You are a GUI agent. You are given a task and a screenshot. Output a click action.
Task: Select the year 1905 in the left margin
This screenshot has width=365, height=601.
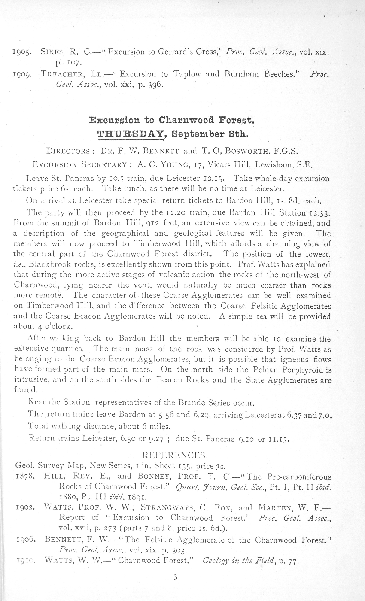(x=24, y=53)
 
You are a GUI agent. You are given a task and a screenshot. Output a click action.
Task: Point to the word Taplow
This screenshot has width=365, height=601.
(x=187, y=73)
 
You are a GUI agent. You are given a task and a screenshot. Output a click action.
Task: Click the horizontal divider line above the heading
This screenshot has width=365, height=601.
(x=171, y=102)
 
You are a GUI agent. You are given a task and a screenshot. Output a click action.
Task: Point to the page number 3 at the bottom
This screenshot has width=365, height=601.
(x=175, y=577)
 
